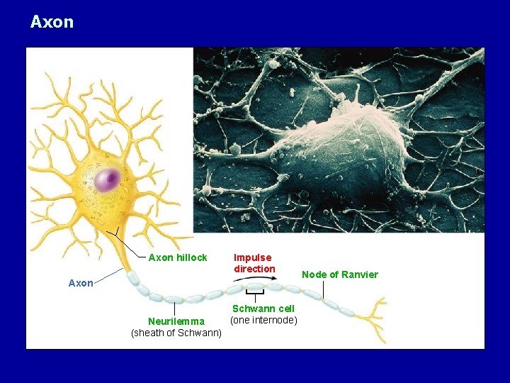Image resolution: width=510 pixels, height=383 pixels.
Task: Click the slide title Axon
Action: pos(52,22)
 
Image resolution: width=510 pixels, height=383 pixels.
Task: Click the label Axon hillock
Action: pos(178,257)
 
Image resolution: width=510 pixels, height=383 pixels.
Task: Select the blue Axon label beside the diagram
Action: pos(81,283)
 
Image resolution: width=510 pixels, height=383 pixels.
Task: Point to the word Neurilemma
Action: pos(176,321)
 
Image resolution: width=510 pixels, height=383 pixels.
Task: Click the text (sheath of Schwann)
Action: pos(176,333)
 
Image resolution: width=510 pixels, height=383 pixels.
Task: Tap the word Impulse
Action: pos(253,257)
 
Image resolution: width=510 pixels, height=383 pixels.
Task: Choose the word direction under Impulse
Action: pos(254,269)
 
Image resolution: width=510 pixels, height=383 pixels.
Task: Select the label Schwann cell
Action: pos(263,309)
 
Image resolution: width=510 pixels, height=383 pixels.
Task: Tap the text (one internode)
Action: pos(263,320)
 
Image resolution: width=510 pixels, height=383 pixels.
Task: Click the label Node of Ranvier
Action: pos(340,274)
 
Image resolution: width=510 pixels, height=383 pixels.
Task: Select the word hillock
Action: pos(191,257)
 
